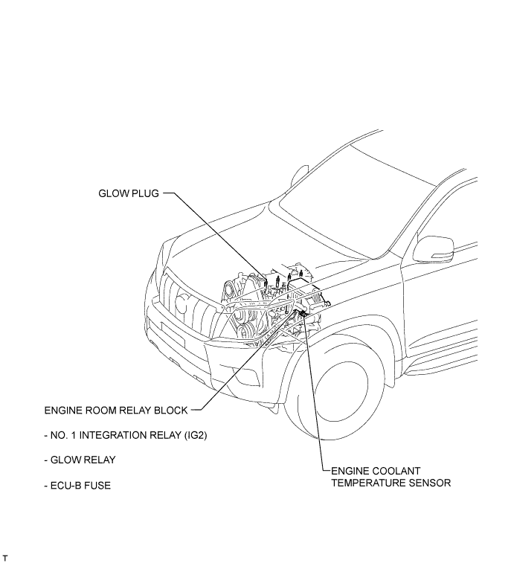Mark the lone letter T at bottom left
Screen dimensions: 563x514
pos(6,557)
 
